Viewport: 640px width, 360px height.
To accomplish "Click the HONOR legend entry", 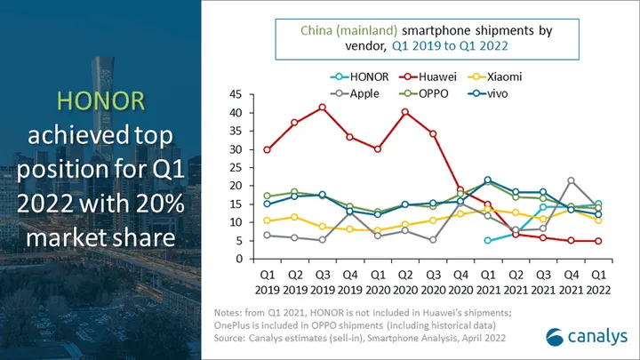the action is coord(359,76).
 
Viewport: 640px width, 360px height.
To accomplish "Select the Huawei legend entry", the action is coord(428,76).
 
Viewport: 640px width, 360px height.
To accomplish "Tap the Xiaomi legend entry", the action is coord(495,76).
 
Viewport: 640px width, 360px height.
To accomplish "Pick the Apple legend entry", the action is coord(355,93).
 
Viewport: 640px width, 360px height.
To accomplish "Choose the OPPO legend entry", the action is coord(423,93).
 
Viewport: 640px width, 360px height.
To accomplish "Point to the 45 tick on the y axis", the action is coord(236,94).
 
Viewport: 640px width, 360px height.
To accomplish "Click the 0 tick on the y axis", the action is coord(239,260).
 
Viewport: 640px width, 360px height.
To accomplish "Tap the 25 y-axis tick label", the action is coord(236,168).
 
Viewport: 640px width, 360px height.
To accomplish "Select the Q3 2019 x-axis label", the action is coord(323,282).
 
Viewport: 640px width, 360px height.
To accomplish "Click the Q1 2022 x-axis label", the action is coord(598,282).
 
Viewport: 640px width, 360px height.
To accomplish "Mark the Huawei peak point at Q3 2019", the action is coord(322,108).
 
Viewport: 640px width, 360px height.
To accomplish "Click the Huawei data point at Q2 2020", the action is coord(405,112).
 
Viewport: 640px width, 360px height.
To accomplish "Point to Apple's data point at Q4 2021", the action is coord(571,180).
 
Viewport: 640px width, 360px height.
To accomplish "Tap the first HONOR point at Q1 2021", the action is coord(487,241).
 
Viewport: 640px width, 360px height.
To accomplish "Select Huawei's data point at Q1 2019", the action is coord(267,150).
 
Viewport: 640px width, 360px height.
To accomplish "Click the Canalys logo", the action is coord(587,337).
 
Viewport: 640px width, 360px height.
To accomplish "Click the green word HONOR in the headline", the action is coord(100,100).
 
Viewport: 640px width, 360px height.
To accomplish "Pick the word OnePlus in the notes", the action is coord(232,325).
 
